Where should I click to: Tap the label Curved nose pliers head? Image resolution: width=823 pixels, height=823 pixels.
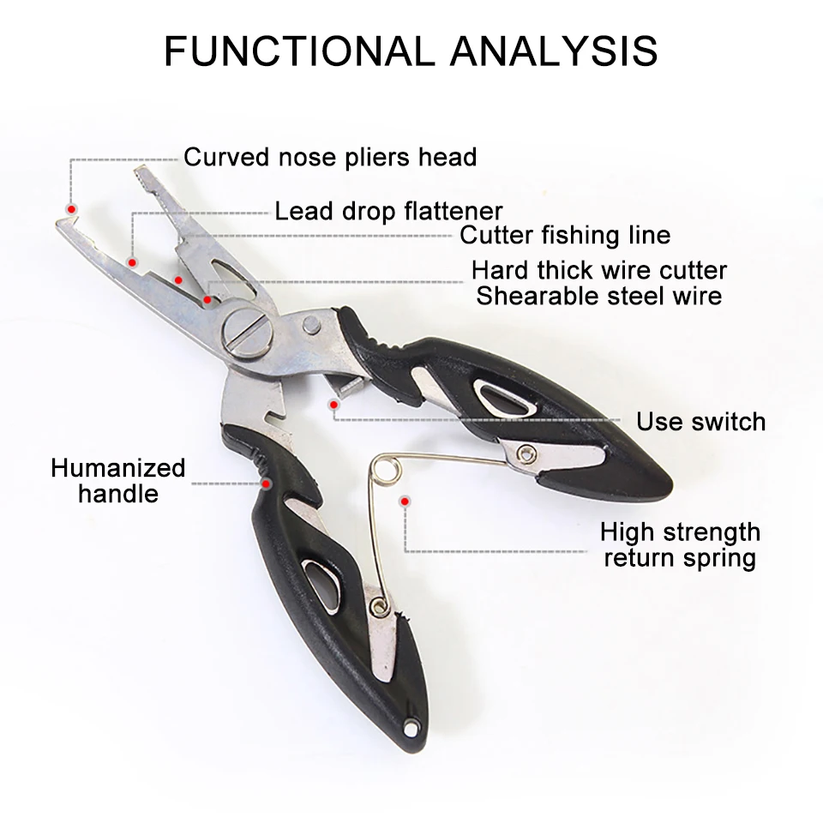pyautogui.click(x=330, y=157)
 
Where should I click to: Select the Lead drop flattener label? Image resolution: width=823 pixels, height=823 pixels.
pyautogui.click(x=388, y=211)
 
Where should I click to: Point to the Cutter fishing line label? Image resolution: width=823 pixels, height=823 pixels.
pyautogui.click(x=565, y=235)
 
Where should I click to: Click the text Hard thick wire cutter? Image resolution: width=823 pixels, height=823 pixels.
pyautogui.click(x=599, y=271)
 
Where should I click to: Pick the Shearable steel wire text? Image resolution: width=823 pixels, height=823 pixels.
pyautogui.click(x=599, y=297)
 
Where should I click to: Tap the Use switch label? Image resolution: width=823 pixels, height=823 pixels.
pyautogui.click(x=700, y=422)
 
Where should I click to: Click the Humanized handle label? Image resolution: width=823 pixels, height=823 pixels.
pyautogui.click(x=117, y=481)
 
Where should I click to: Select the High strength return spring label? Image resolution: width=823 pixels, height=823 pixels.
pyautogui.click(x=680, y=545)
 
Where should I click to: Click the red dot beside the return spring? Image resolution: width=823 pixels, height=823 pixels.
pyautogui.click(x=404, y=499)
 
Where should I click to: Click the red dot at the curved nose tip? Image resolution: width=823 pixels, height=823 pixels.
pyautogui.click(x=72, y=209)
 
